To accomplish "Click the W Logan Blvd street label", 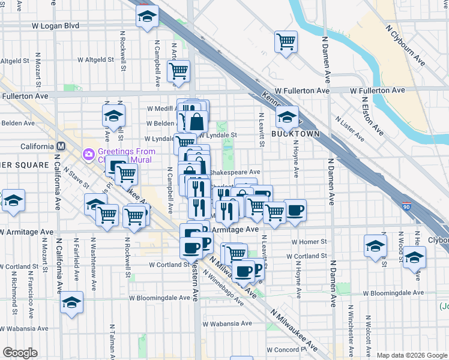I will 55,26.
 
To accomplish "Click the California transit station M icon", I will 61,146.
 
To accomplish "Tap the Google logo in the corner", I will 20,353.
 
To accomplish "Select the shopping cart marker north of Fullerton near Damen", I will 286,42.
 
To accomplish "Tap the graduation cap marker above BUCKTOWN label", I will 288,116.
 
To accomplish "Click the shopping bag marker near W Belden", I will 196,122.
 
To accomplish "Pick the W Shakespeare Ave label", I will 235,171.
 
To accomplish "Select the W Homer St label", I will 309,242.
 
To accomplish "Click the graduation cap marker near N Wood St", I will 414,258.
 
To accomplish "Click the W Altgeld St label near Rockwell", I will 95,60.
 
